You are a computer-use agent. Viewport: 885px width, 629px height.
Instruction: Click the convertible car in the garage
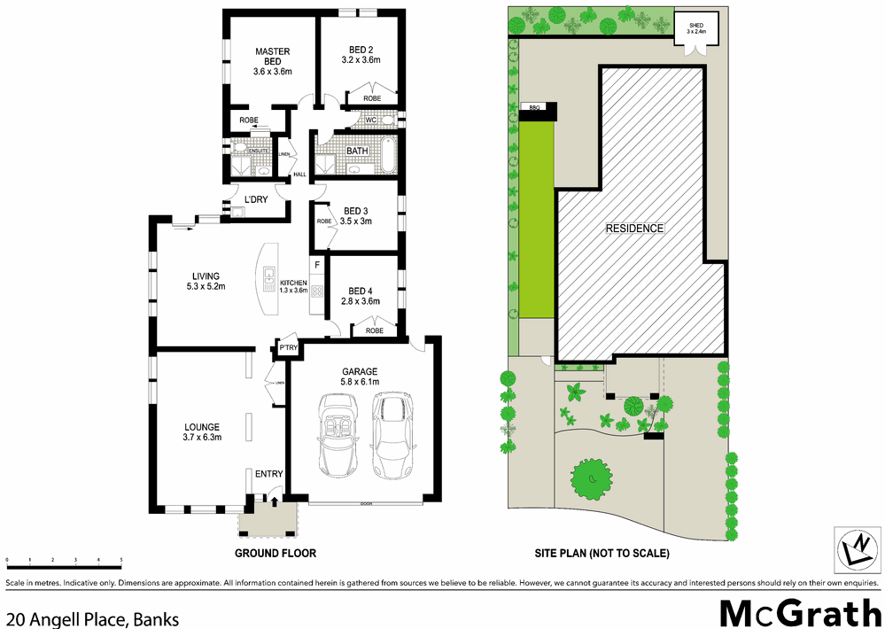pyautogui.click(x=338, y=433)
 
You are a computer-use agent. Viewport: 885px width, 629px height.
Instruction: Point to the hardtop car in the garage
pyautogui.click(x=392, y=433)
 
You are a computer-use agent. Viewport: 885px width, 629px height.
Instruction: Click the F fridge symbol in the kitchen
pyautogui.click(x=316, y=264)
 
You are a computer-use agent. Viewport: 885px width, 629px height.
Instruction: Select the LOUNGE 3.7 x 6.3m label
pyautogui.click(x=203, y=431)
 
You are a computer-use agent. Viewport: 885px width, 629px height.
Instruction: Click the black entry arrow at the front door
pyautogui.click(x=274, y=502)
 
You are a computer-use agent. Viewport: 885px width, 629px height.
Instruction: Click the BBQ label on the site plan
pyautogui.click(x=534, y=107)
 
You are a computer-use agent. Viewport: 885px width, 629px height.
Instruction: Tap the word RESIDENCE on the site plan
pyautogui.click(x=634, y=229)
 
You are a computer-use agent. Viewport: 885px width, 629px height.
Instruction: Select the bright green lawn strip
pyautogui.click(x=534, y=218)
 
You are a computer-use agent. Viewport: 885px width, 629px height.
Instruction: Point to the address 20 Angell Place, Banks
pyautogui.click(x=92, y=618)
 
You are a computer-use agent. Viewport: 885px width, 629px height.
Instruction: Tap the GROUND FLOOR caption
pyautogui.click(x=275, y=553)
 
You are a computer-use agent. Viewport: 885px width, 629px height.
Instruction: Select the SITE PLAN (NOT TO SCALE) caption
pyautogui.click(x=602, y=553)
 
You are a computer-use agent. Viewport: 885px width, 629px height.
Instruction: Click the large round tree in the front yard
pyautogui.click(x=588, y=480)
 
